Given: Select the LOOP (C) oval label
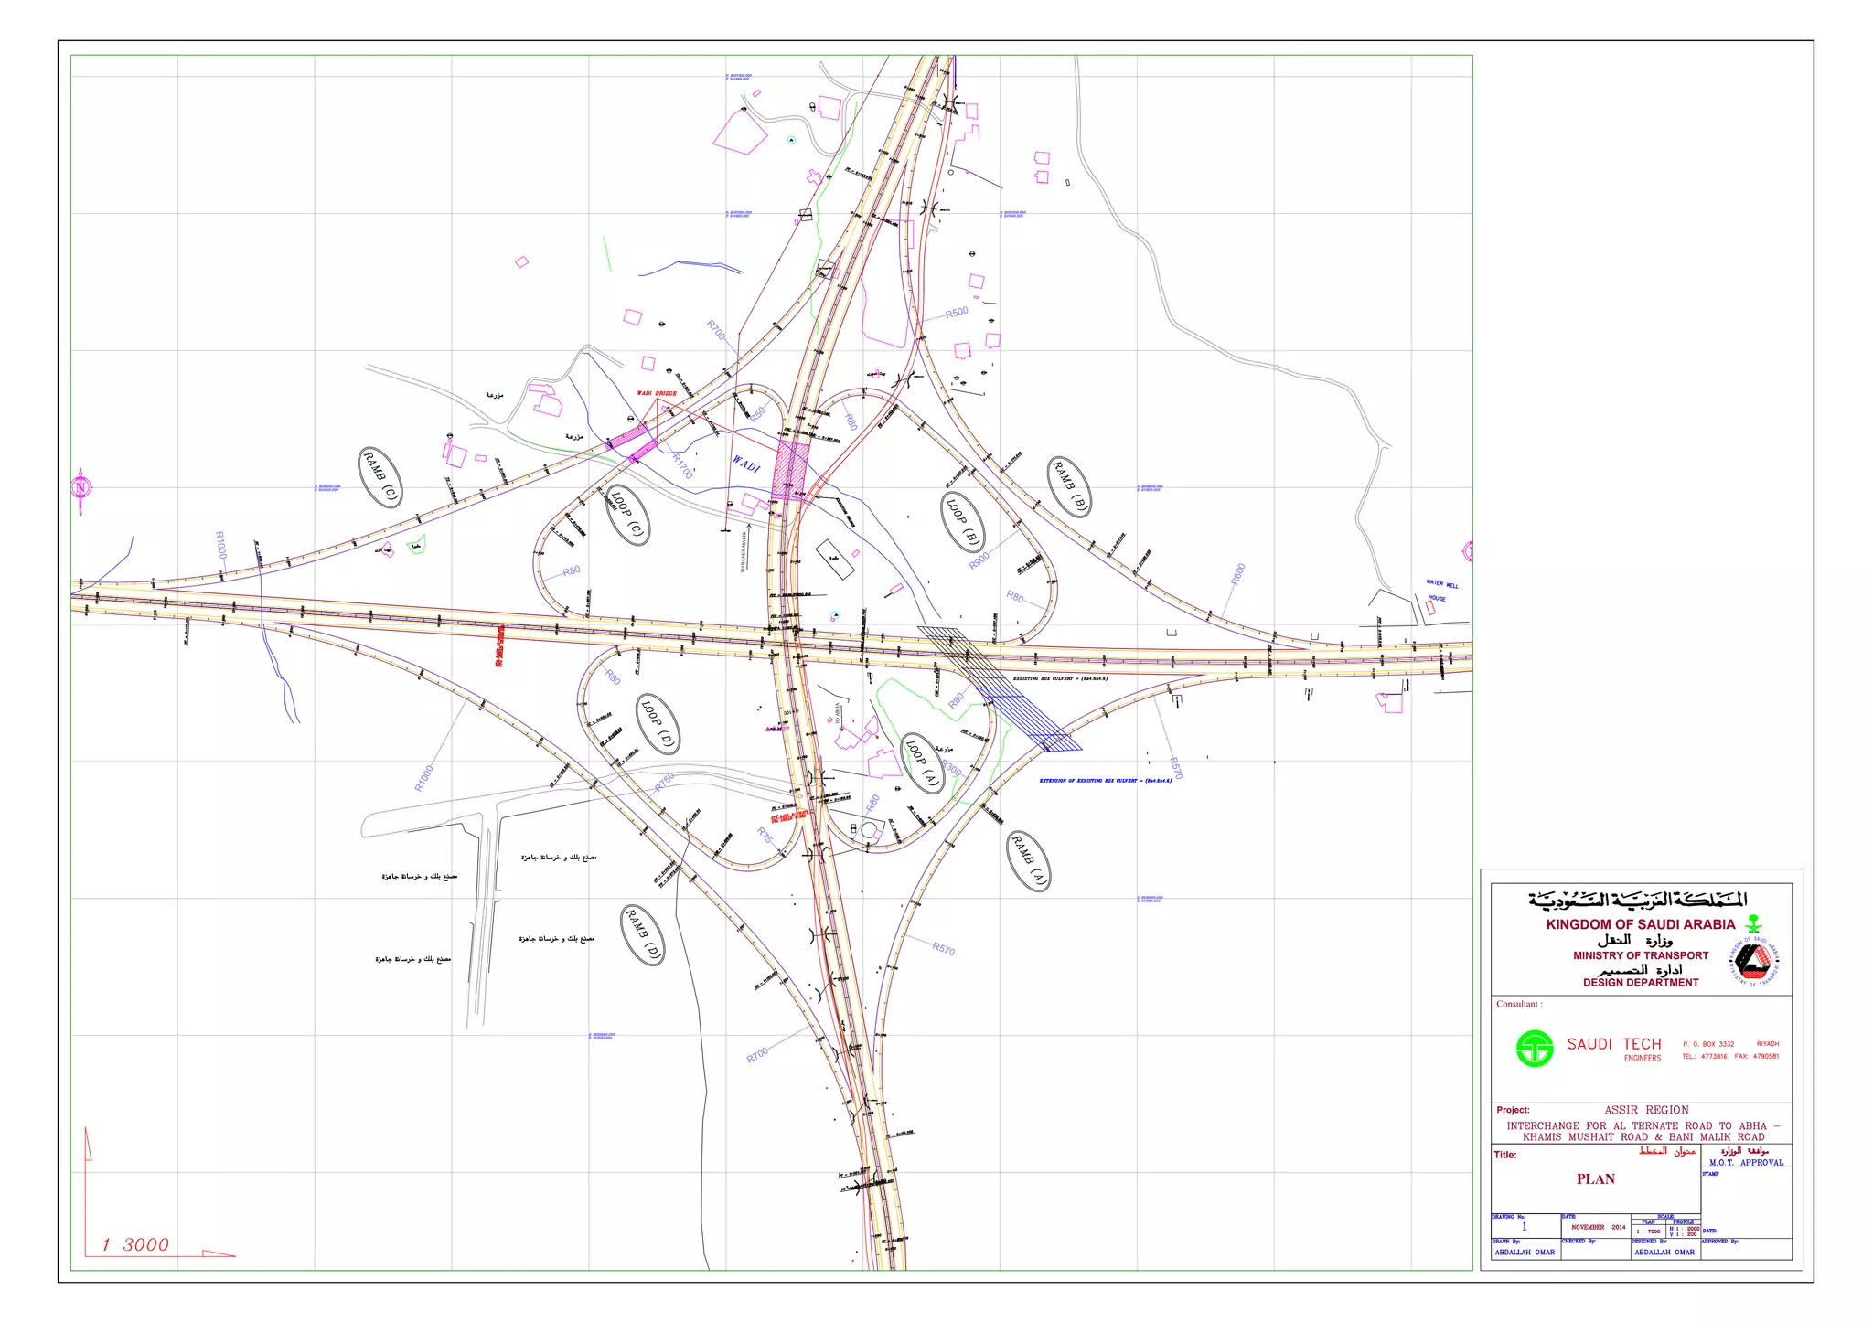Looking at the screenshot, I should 627,515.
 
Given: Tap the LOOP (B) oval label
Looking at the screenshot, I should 963,522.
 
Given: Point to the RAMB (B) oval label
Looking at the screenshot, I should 1069,486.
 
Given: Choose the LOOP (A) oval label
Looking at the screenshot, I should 923,763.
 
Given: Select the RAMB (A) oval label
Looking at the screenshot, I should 1028,860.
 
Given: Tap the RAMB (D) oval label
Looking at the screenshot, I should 643,934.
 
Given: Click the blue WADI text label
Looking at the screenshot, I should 746,465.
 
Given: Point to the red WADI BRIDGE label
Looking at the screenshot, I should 657,393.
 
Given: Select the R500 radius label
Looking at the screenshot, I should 957,313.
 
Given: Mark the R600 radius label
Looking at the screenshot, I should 1238,574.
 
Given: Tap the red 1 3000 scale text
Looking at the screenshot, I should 135,1244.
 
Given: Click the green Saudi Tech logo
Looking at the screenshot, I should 1535,1049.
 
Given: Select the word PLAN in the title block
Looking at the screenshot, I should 1595,1179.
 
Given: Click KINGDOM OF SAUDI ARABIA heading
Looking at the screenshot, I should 1640,924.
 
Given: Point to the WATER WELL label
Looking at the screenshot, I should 1442,584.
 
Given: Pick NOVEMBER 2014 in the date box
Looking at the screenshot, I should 1599,1227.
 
